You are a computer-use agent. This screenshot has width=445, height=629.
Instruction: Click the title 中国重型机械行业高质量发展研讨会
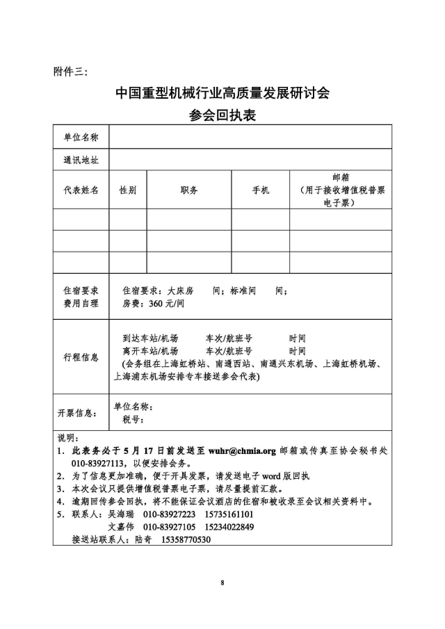click(222, 93)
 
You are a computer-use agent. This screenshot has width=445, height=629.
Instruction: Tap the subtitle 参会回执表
click(222, 115)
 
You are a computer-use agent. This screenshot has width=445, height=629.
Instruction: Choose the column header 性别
click(127, 190)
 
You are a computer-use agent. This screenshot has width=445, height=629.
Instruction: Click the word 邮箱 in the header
click(340, 178)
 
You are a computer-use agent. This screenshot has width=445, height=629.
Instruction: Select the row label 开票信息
click(77, 413)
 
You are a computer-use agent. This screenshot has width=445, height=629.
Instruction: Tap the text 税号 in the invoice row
click(132, 419)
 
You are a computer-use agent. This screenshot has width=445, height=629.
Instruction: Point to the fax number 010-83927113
click(97, 463)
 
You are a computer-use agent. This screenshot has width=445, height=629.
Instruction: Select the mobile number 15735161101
click(229, 514)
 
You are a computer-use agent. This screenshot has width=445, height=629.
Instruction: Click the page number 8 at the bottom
click(222, 582)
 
